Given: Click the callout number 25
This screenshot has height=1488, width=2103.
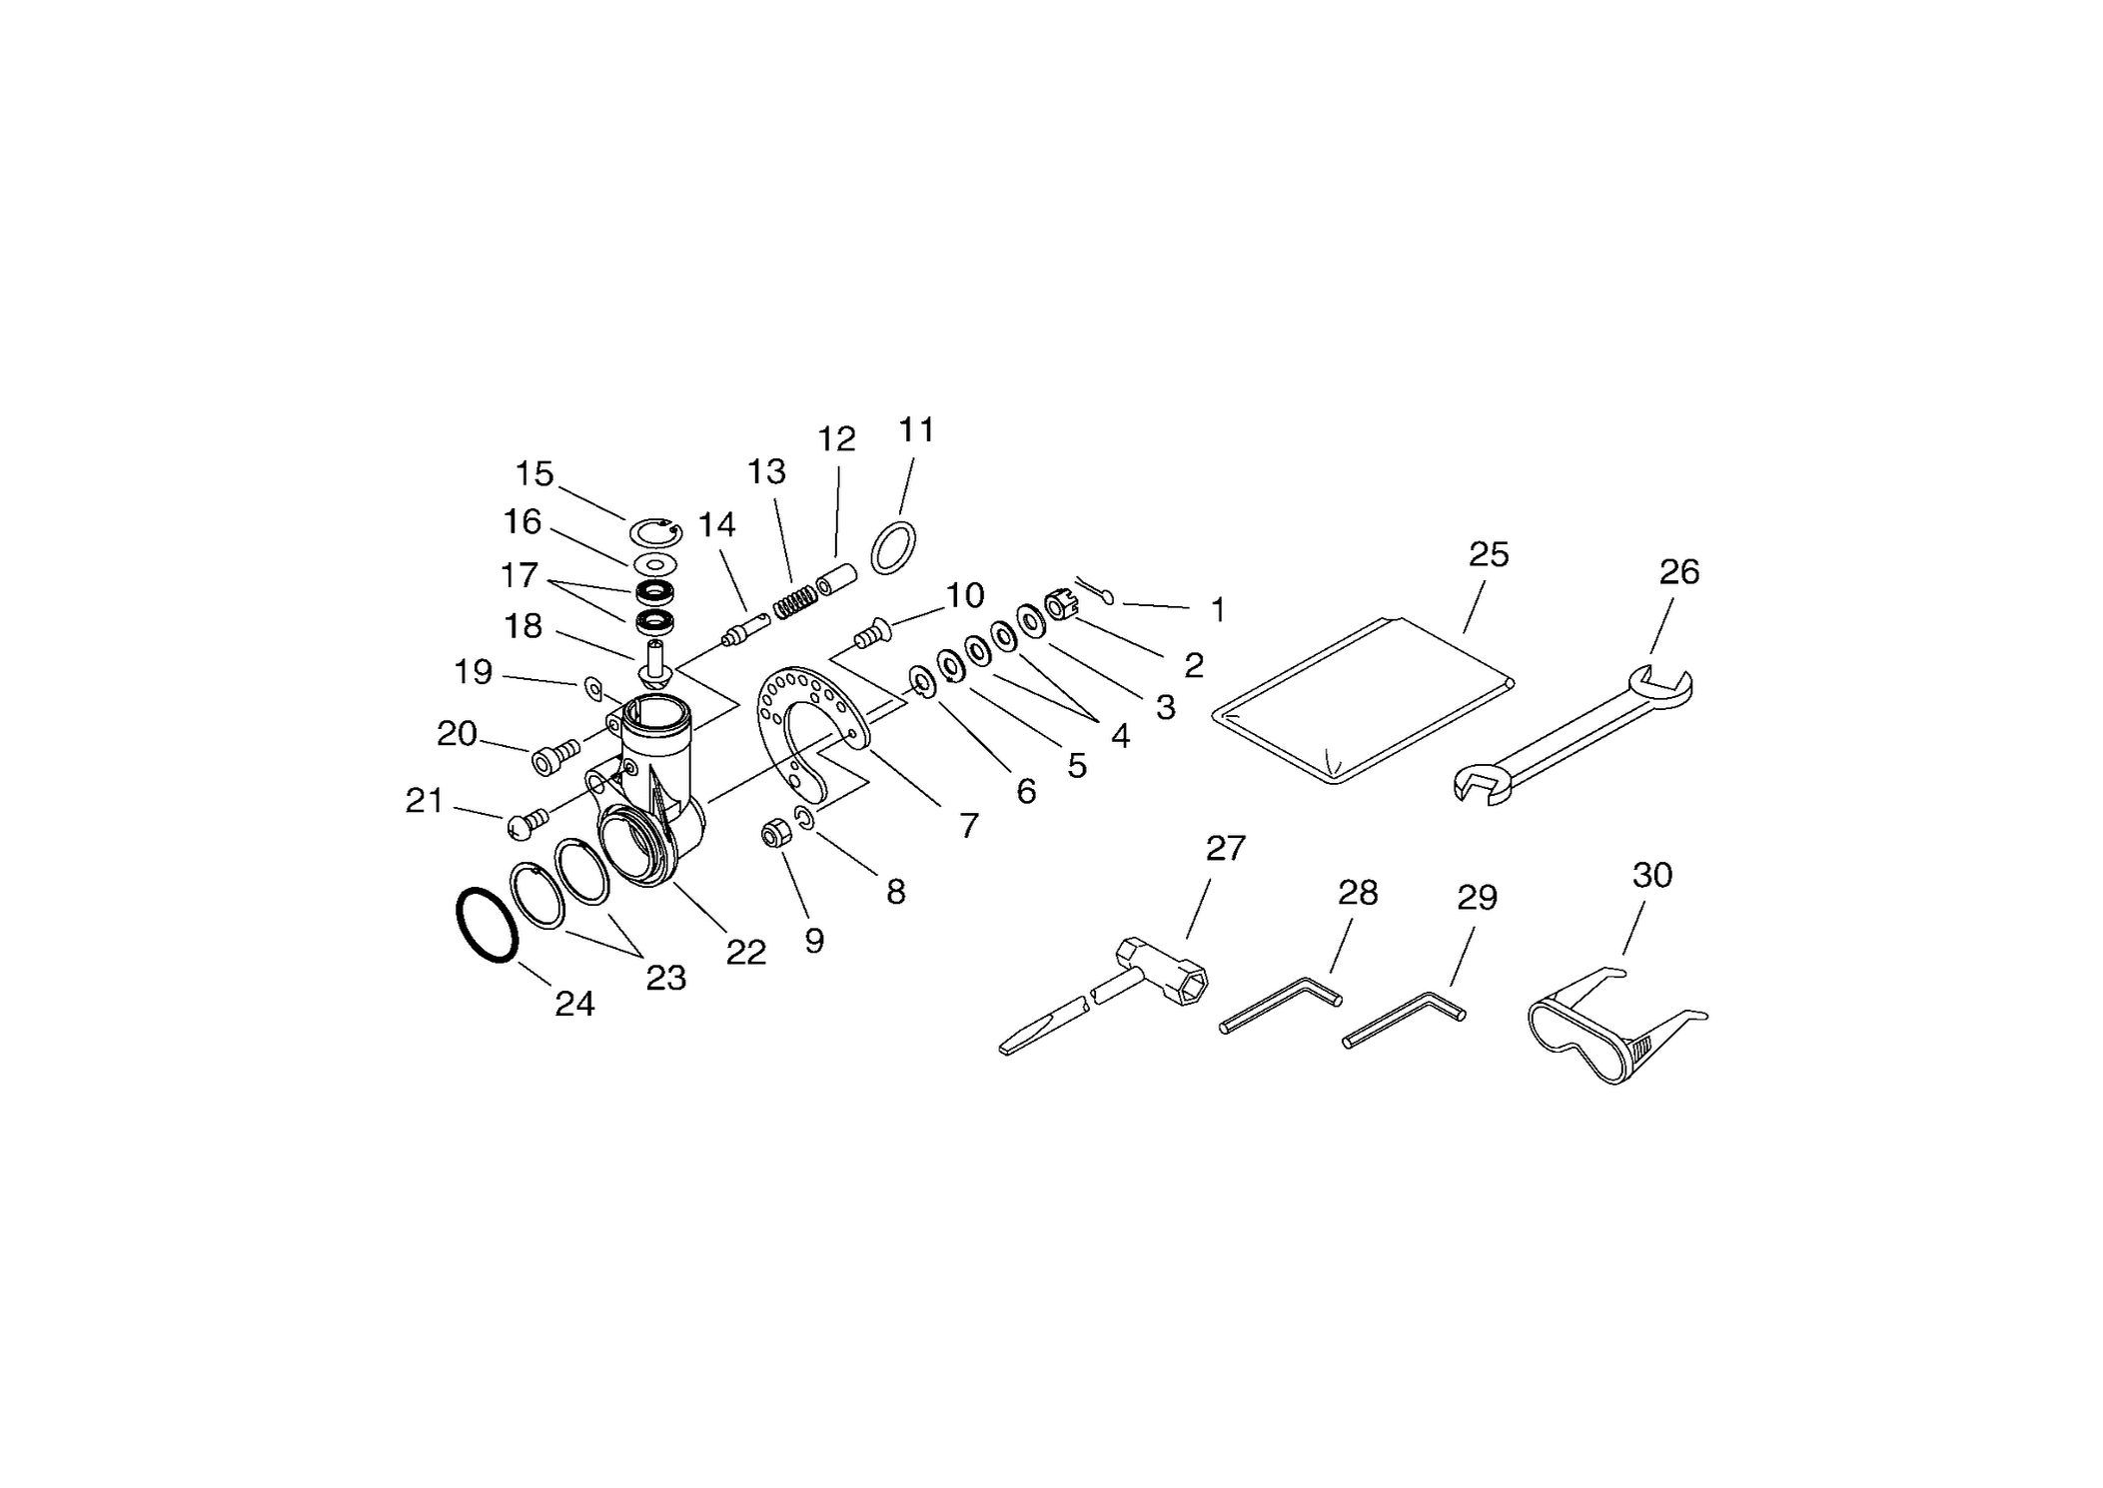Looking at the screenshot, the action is [1489, 554].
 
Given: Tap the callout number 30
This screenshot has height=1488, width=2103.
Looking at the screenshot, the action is [1652, 875].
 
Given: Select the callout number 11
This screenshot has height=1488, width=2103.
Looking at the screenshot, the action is [916, 429].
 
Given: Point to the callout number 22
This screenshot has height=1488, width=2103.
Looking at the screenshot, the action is [745, 953].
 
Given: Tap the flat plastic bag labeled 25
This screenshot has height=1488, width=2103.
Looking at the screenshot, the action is [1363, 699].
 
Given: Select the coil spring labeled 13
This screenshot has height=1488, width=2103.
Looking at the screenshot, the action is [795, 602].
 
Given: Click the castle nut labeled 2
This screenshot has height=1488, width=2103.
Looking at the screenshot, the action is [1060, 605].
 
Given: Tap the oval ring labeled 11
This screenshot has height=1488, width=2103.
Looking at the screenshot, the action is [893, 547].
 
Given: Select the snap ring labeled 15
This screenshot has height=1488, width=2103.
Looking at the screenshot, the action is [656, 534].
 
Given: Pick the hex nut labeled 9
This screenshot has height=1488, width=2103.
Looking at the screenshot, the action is [775, 833].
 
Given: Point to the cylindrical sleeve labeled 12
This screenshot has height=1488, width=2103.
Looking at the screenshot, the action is [837, 580].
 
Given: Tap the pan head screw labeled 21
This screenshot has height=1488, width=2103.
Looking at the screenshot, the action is [526, 822].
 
